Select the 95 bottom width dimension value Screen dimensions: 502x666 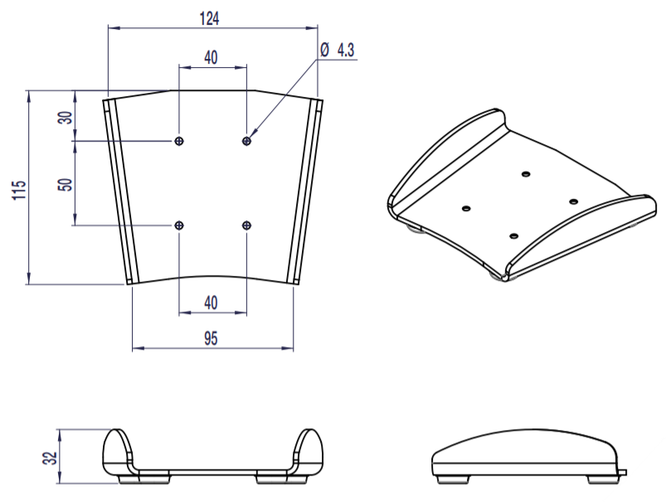(211, 337)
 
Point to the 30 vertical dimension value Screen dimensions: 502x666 (66, 117)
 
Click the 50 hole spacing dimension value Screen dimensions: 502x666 (66, 182)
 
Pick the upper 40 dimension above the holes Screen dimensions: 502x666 (211, 57)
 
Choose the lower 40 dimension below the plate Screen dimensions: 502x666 (211, 303)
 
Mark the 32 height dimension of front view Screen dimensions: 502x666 (49, 456)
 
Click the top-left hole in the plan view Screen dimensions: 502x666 (179, 142)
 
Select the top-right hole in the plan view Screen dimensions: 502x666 (246, 142)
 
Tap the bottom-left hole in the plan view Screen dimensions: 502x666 (179, 224)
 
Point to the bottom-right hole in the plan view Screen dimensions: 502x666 (246, 224)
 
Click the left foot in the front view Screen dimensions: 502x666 (131, 479)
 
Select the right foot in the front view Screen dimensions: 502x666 (269, 479)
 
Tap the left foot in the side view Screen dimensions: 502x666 (450, 479)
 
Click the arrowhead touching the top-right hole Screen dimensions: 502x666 (252, 136)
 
